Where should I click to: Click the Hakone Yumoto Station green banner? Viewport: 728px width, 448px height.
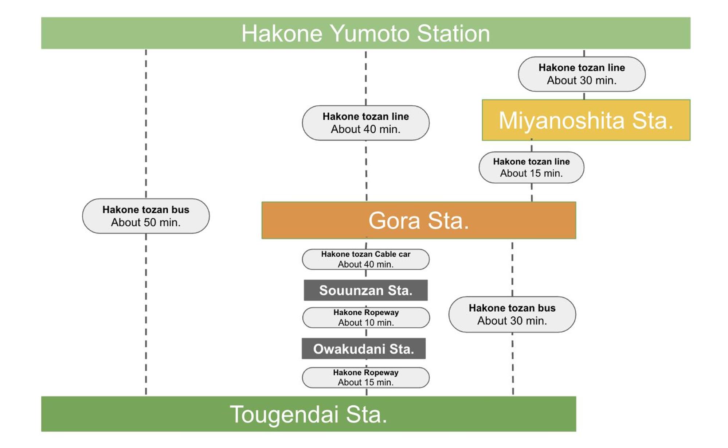tap(365, 33)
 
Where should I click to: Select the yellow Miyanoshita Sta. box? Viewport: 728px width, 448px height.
tap(586, 120)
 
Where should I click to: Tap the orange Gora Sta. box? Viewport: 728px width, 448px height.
tap(419, 220)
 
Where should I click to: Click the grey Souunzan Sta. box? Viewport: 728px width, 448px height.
tap(365, 290)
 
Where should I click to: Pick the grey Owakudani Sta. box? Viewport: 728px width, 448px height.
tap(364, 348)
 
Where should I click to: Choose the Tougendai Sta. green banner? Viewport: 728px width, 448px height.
tap(309, 414)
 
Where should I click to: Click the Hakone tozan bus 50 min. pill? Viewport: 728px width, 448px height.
tap(146, 216)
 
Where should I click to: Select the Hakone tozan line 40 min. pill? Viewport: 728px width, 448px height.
tap(365, 123)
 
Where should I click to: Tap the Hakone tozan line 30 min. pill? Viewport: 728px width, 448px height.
tap(582, 74)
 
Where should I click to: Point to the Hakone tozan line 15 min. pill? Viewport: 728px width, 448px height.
tap(531, 167)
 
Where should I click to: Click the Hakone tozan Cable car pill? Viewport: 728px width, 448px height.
tap(365, 259)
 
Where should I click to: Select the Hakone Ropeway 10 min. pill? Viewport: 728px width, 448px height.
tap(366, 318)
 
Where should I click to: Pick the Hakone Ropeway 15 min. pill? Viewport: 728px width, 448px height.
tap(365, 377)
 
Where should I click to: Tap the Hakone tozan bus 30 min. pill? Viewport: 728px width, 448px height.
tap(512, 314)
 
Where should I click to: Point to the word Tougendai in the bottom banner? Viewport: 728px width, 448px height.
tap(284, 415)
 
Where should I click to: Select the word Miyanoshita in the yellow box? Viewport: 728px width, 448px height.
tap(561, 120)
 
